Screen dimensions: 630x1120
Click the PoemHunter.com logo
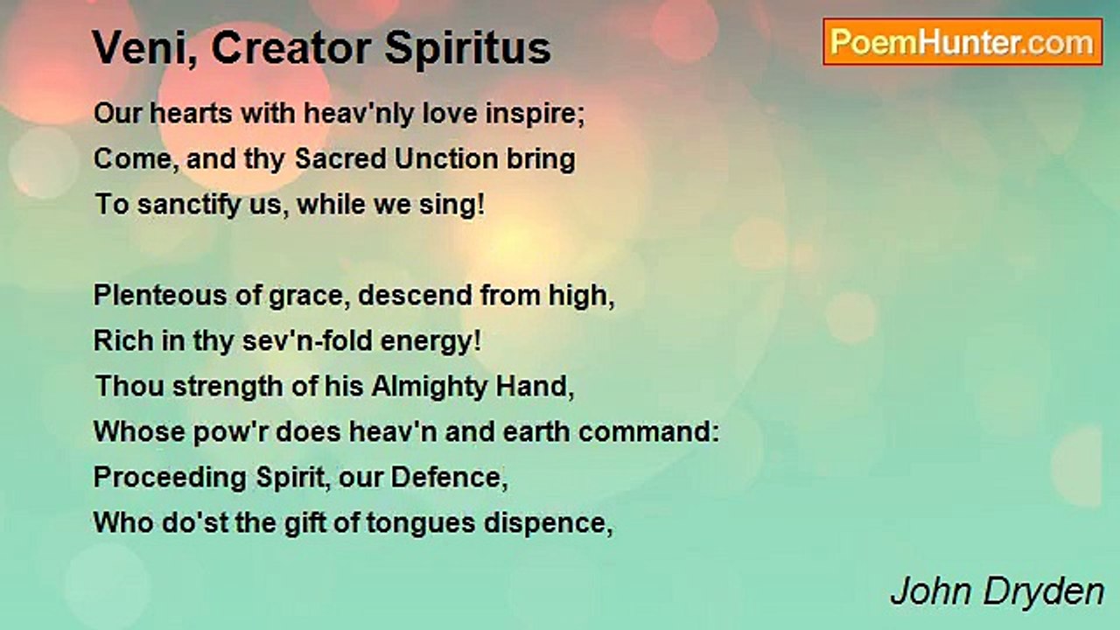(x=962, y=41)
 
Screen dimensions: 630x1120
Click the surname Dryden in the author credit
(x=1053, y=592)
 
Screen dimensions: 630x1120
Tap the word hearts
(x=183, y=114)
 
